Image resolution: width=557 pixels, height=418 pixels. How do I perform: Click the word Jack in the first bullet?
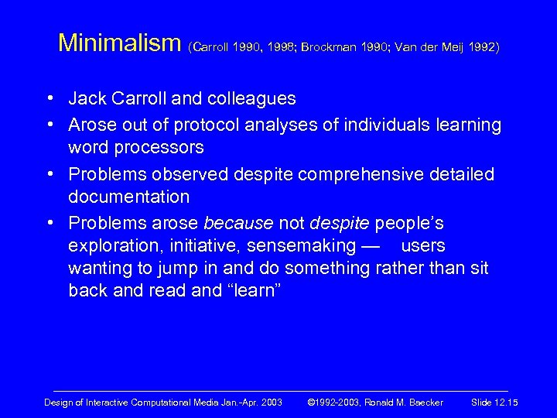(87, 99)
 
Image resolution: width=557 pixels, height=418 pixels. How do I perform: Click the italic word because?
(237, 223)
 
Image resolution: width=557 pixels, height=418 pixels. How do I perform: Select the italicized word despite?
(340, 223)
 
